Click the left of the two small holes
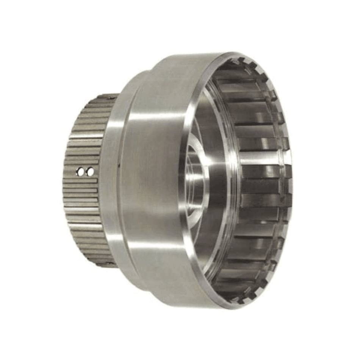[80, 172]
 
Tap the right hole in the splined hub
[90, 172]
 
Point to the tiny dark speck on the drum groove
[119, 165]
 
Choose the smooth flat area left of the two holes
[70, 172]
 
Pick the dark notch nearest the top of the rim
[243, 61]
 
